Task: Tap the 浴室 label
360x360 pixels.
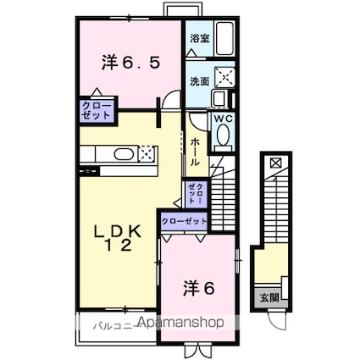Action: tap(199, 38)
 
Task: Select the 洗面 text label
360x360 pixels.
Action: tap(199, 81)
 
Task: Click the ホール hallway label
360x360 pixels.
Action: tap(196, 151)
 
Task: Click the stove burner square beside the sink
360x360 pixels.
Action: tap(147, 155)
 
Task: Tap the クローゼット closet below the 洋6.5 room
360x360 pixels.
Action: tap(95, 111)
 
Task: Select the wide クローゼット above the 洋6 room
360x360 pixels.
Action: tap(184, 221)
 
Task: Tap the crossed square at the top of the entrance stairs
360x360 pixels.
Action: tap(275, 161)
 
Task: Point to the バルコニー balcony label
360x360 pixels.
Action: tap(109, 323)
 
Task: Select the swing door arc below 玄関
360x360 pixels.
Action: tap(275, 320)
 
